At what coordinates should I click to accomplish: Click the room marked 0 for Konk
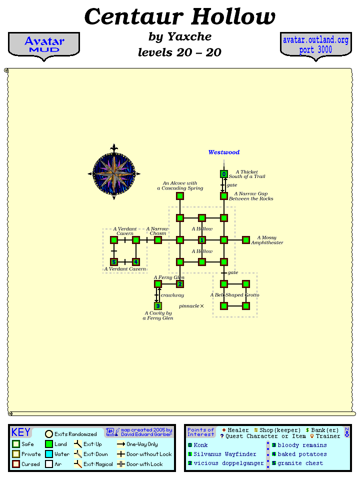(224, 174)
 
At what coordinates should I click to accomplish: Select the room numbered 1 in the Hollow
(202, 240)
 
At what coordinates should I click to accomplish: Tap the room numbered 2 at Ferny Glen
(180, 284)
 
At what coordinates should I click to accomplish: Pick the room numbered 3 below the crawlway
(158, 306)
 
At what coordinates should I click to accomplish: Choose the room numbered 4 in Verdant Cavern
(135, 262)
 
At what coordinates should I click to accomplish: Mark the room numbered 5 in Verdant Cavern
(114, 262)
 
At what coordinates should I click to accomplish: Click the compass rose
(114, 172)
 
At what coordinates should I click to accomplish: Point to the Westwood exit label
(224, 152)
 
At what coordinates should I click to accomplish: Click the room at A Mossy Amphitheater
(246, 240)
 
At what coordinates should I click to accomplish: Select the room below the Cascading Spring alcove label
(180, 196)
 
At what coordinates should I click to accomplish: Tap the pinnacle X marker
(202, 306)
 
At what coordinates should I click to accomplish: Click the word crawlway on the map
(172, 295)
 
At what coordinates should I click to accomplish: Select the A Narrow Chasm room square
(158, 240)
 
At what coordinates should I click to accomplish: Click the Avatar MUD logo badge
(44, 45)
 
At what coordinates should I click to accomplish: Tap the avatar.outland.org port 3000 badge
(315, 45)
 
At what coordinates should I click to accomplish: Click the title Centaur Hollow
(180, 17)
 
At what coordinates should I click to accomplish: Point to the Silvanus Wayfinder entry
(224, 454)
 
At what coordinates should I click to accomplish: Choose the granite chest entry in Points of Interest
(300, 463)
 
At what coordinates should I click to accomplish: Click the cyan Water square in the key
(49, 454)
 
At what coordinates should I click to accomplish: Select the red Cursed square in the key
(16, 463)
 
